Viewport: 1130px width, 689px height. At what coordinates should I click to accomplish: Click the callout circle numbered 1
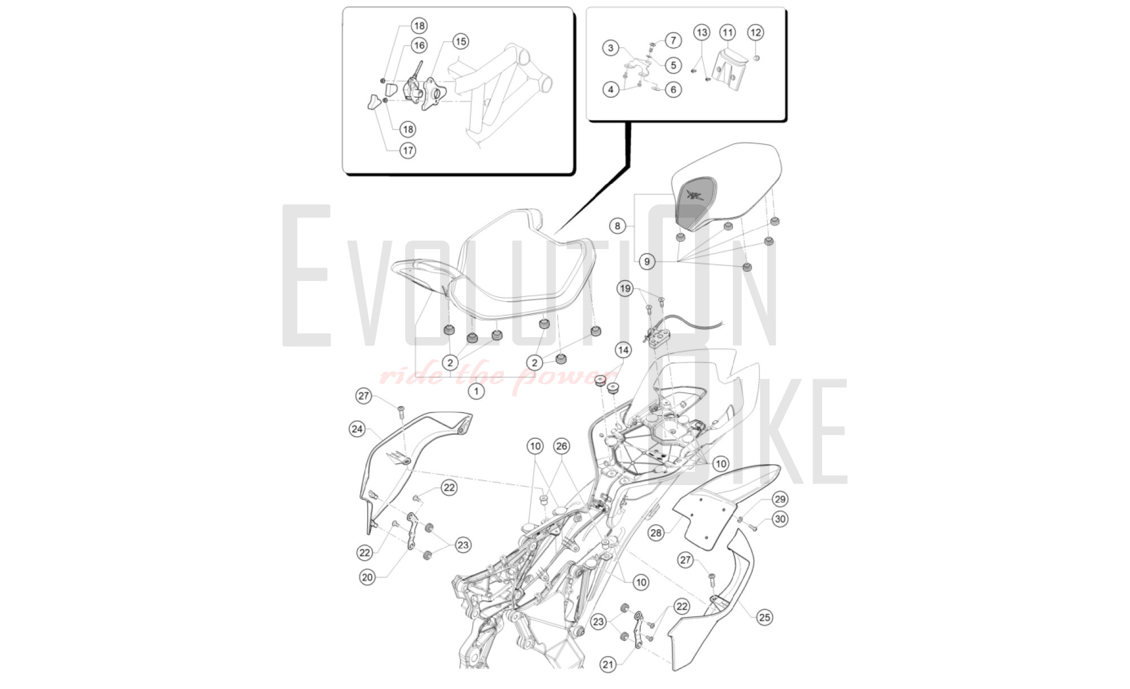476,391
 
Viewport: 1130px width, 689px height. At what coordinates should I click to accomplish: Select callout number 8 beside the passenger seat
618,226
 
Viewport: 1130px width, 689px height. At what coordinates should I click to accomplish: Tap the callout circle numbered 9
647,261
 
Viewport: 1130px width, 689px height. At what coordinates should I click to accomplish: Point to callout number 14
623,350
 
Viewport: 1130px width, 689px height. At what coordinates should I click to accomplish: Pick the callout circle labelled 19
625,289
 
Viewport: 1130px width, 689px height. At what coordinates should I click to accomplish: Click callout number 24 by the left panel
357,429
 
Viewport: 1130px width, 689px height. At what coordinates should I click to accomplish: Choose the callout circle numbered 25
764,617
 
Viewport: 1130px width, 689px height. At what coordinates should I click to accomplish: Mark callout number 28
655,533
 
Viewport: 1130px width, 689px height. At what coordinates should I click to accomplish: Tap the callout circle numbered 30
780,519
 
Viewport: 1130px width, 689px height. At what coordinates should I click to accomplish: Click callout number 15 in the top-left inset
460,41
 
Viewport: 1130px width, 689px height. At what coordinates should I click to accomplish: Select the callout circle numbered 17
408,151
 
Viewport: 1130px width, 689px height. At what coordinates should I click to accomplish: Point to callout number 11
727,32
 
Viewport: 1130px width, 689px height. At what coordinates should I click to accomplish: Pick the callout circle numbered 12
755,32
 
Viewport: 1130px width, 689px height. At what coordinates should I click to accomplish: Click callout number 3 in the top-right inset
610,47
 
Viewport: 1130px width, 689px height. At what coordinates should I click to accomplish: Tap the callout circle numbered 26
561,446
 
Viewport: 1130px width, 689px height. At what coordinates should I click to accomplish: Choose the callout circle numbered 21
608,665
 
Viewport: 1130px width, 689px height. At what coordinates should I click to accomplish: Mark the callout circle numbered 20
367,577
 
